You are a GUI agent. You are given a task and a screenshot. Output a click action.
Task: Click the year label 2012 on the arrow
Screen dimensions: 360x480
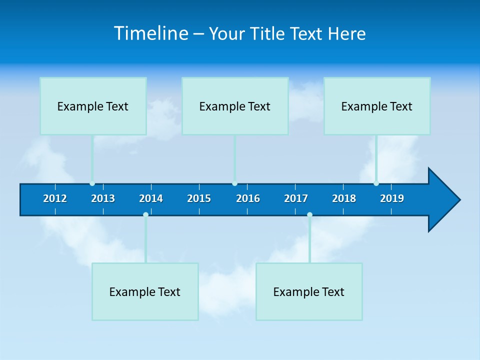(55, 198)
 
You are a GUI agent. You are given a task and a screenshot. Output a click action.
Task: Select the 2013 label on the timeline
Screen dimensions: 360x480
(103, 198)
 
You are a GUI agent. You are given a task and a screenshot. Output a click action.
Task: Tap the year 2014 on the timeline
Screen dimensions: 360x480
(151, 198)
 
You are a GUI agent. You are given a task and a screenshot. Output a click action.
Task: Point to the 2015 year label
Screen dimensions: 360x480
(199, 198)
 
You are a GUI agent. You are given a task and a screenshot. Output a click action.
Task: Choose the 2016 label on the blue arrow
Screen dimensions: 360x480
(248, 198)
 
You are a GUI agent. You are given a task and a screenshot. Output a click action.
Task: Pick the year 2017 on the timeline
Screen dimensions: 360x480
(296, 198)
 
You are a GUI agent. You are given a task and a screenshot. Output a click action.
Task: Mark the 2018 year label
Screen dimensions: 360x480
(344, 198)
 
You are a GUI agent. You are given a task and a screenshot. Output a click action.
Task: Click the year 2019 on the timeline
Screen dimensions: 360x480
(392, 198)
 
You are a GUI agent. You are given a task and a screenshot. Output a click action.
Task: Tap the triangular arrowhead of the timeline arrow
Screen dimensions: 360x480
(443, 200)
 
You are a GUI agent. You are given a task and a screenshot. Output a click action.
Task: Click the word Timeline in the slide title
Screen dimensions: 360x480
(151, 33)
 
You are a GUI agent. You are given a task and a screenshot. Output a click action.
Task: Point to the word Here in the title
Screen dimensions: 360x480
(346, 33)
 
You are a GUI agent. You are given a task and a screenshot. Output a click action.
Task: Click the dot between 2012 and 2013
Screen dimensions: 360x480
(92, 183)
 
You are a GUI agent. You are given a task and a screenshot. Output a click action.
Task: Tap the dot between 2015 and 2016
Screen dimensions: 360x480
(234, 183)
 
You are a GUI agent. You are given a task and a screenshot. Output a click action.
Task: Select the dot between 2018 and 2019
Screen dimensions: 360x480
(376, 183)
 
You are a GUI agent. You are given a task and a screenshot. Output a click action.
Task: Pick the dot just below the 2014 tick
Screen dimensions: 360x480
(145, 214)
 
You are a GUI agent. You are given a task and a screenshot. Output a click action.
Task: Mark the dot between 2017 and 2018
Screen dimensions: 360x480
(309, 214)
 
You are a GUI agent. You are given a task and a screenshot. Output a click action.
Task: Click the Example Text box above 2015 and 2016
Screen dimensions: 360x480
(235, 106)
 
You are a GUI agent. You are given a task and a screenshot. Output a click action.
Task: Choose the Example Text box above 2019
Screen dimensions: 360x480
(377, 106)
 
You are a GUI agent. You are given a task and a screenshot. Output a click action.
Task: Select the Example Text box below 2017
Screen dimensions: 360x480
(309, 291)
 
